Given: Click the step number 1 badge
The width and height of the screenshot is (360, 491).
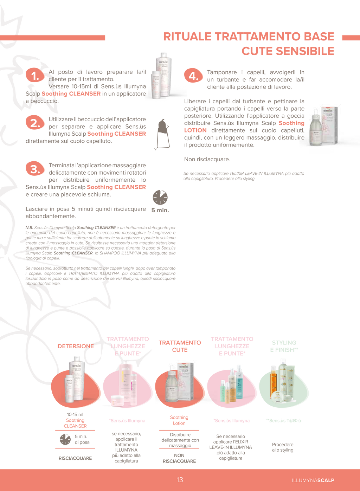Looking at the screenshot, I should click(35, 75).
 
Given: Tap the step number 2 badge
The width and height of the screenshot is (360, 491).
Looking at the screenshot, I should click(35, 123).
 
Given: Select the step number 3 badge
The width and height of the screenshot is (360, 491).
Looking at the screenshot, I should click(35, 169).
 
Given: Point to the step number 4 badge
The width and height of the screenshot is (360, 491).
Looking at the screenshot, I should click(193, 76).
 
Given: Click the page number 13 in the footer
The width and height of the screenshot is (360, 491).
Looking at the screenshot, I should click(180, 480).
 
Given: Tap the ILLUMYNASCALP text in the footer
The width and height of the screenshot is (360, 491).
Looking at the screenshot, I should click(313, 480).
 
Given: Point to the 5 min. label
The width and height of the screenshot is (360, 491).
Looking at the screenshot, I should click(160, 211).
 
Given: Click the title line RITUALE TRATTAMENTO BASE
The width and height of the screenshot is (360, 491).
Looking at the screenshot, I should click(248, 37).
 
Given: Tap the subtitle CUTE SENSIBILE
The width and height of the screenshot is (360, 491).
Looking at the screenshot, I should click(287, 51).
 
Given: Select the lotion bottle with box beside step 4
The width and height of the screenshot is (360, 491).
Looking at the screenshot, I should click(323, 126).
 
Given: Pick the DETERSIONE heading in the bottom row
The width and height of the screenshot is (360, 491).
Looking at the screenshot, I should click(76, 346).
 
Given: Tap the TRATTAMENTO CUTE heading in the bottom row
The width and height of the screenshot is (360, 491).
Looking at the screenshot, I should click(180, 346).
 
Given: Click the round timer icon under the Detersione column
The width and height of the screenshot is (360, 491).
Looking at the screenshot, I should click(65, 439).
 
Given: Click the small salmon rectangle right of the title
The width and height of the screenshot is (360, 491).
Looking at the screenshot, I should click(351, 38).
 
